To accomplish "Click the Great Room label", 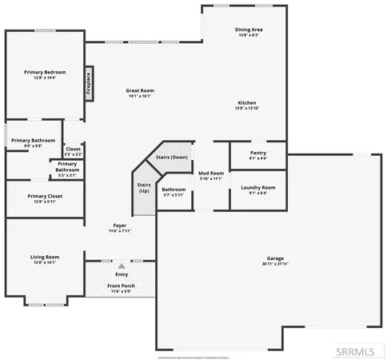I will coord(138,90).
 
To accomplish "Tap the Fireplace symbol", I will coord(88,84).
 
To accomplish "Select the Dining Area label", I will coord(249,30).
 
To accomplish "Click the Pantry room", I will coord(257,153).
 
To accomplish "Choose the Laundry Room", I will coord(257,190).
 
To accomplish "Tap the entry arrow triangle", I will coord(122,265).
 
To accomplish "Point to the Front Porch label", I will coord(122,286).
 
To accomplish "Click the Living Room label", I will coord(45,257).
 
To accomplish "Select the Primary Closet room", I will coord(45,197).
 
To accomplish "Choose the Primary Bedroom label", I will coord(45,72).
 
